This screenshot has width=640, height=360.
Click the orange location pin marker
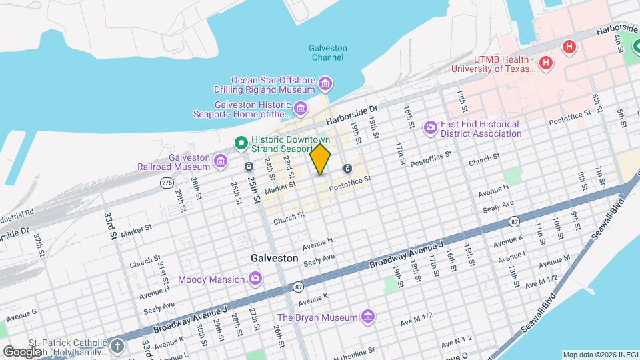321,159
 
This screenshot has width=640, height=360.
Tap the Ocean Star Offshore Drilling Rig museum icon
325,83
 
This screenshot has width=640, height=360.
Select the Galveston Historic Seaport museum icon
301,108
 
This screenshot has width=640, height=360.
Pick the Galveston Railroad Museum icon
221,161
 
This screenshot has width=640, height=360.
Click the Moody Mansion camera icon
255,279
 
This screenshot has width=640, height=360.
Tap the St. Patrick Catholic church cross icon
117,345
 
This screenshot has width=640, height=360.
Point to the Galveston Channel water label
328,53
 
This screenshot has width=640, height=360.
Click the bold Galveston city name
274,257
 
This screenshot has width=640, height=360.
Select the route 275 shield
167,181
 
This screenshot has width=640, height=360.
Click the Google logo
22,351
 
